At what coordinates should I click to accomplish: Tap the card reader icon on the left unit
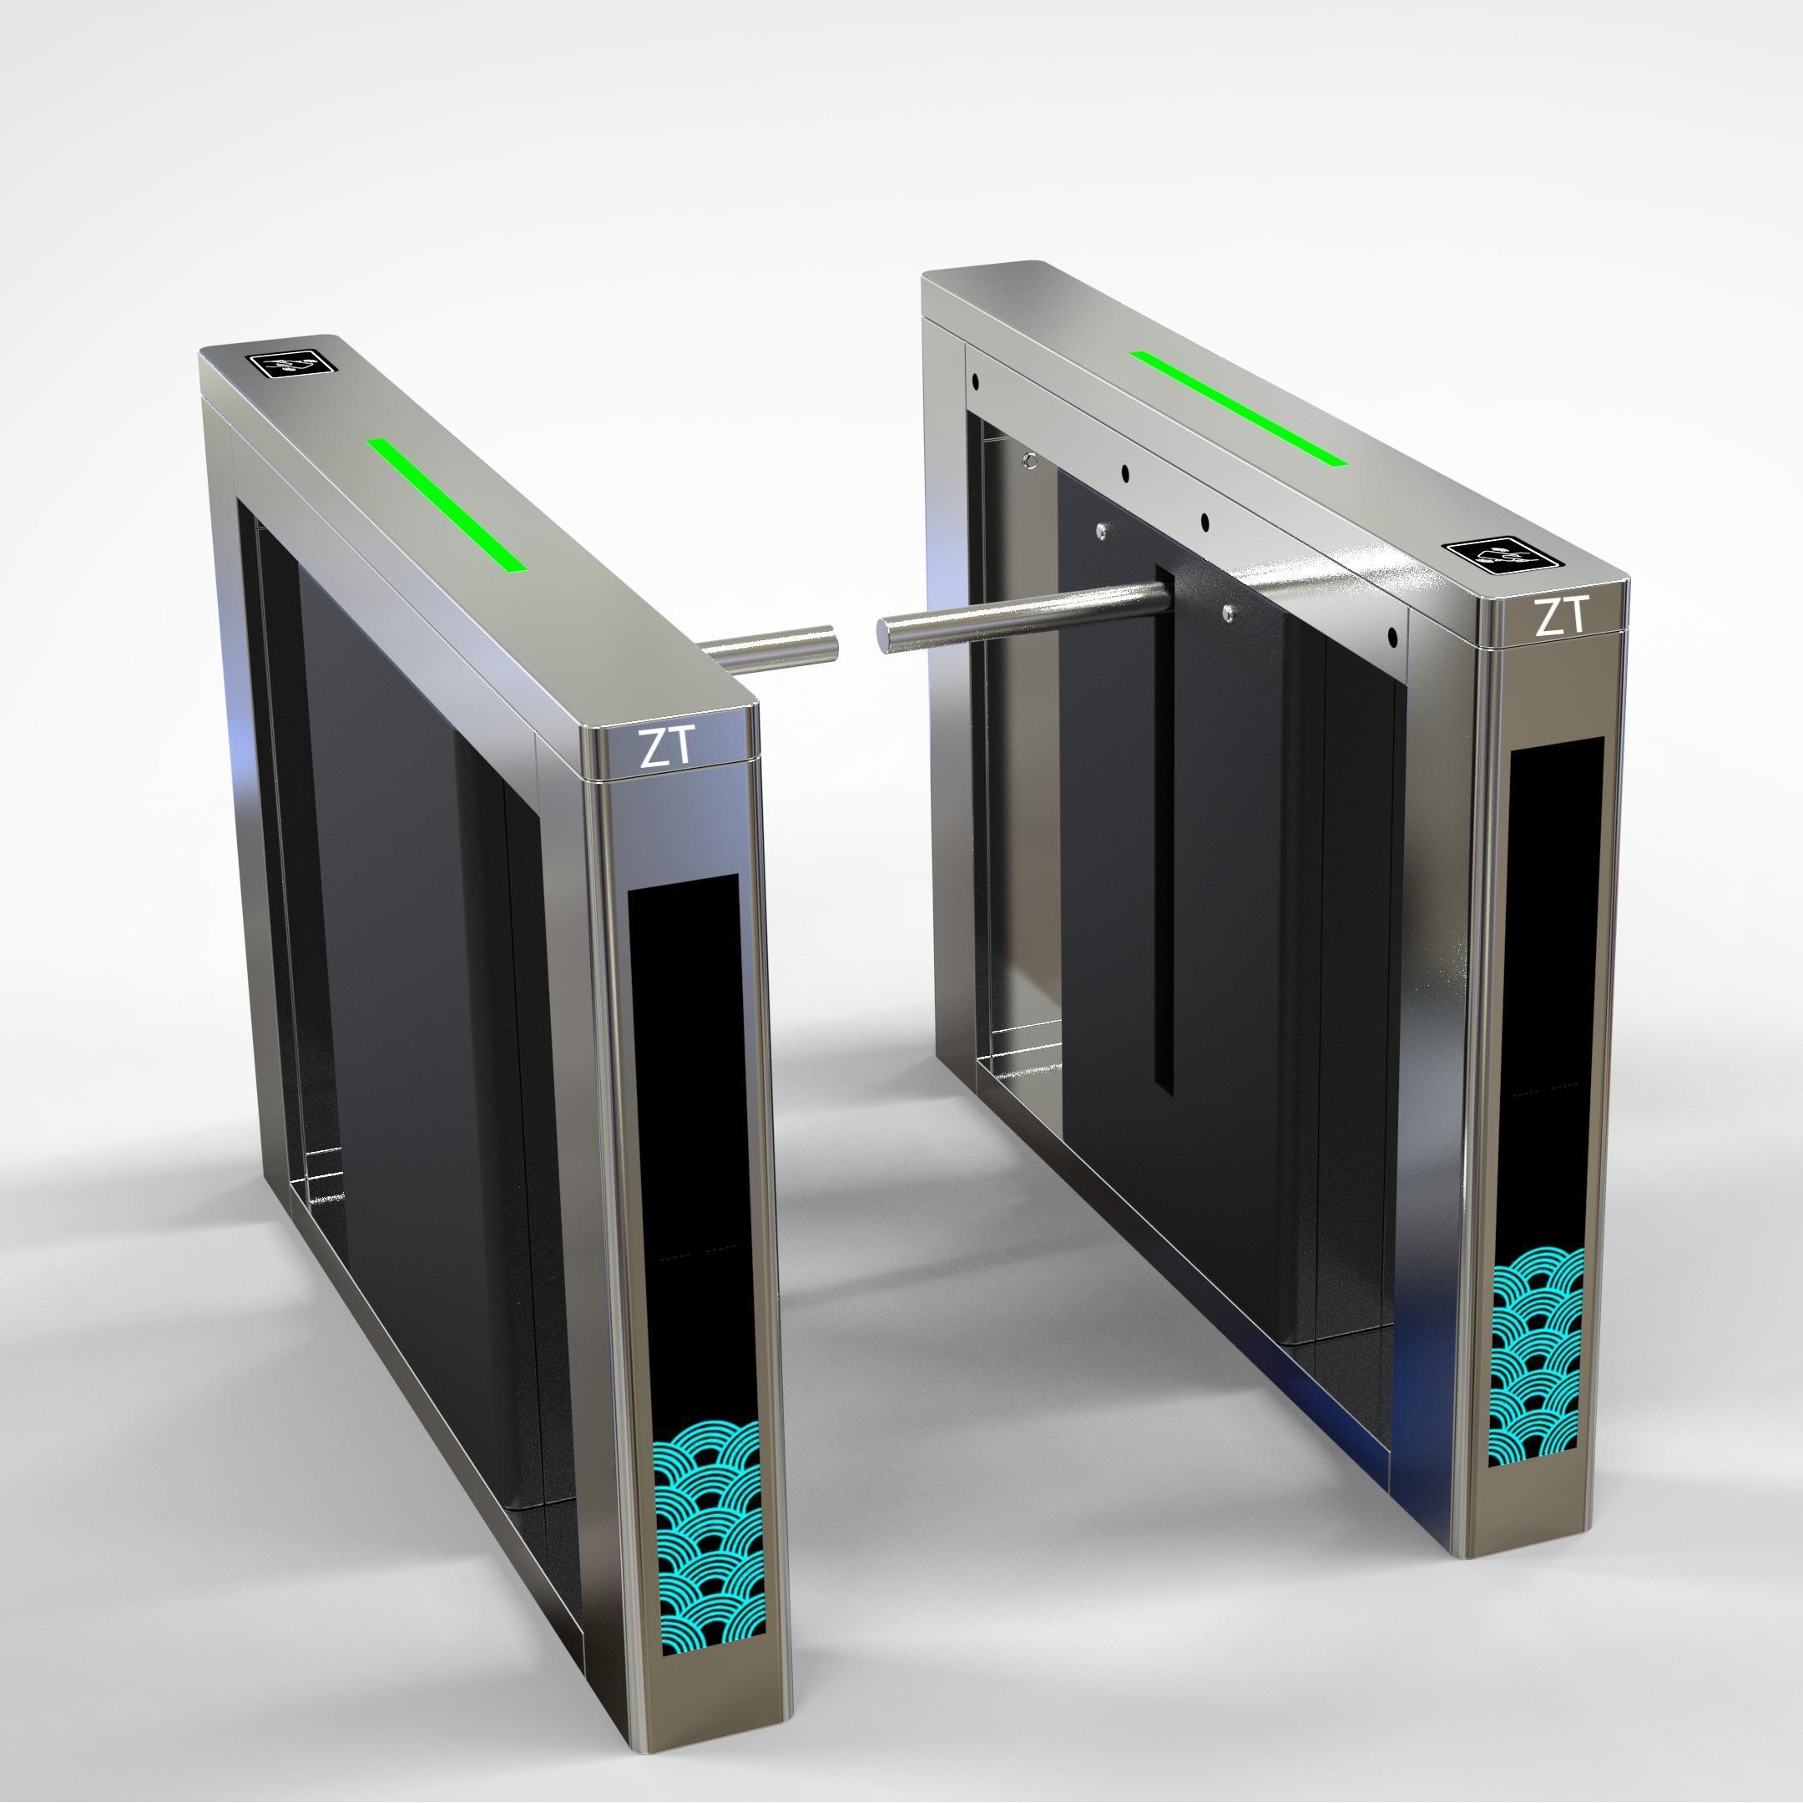point(291,362)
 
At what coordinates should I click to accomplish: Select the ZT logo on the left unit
point(666,746)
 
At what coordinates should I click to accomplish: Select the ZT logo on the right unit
point(1559,617)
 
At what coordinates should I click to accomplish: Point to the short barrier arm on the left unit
point(770,648)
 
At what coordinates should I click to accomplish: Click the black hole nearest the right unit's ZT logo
point(1392,639)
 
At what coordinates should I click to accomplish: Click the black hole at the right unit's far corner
point(974,381)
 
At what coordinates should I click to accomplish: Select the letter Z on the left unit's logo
point(650,749)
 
